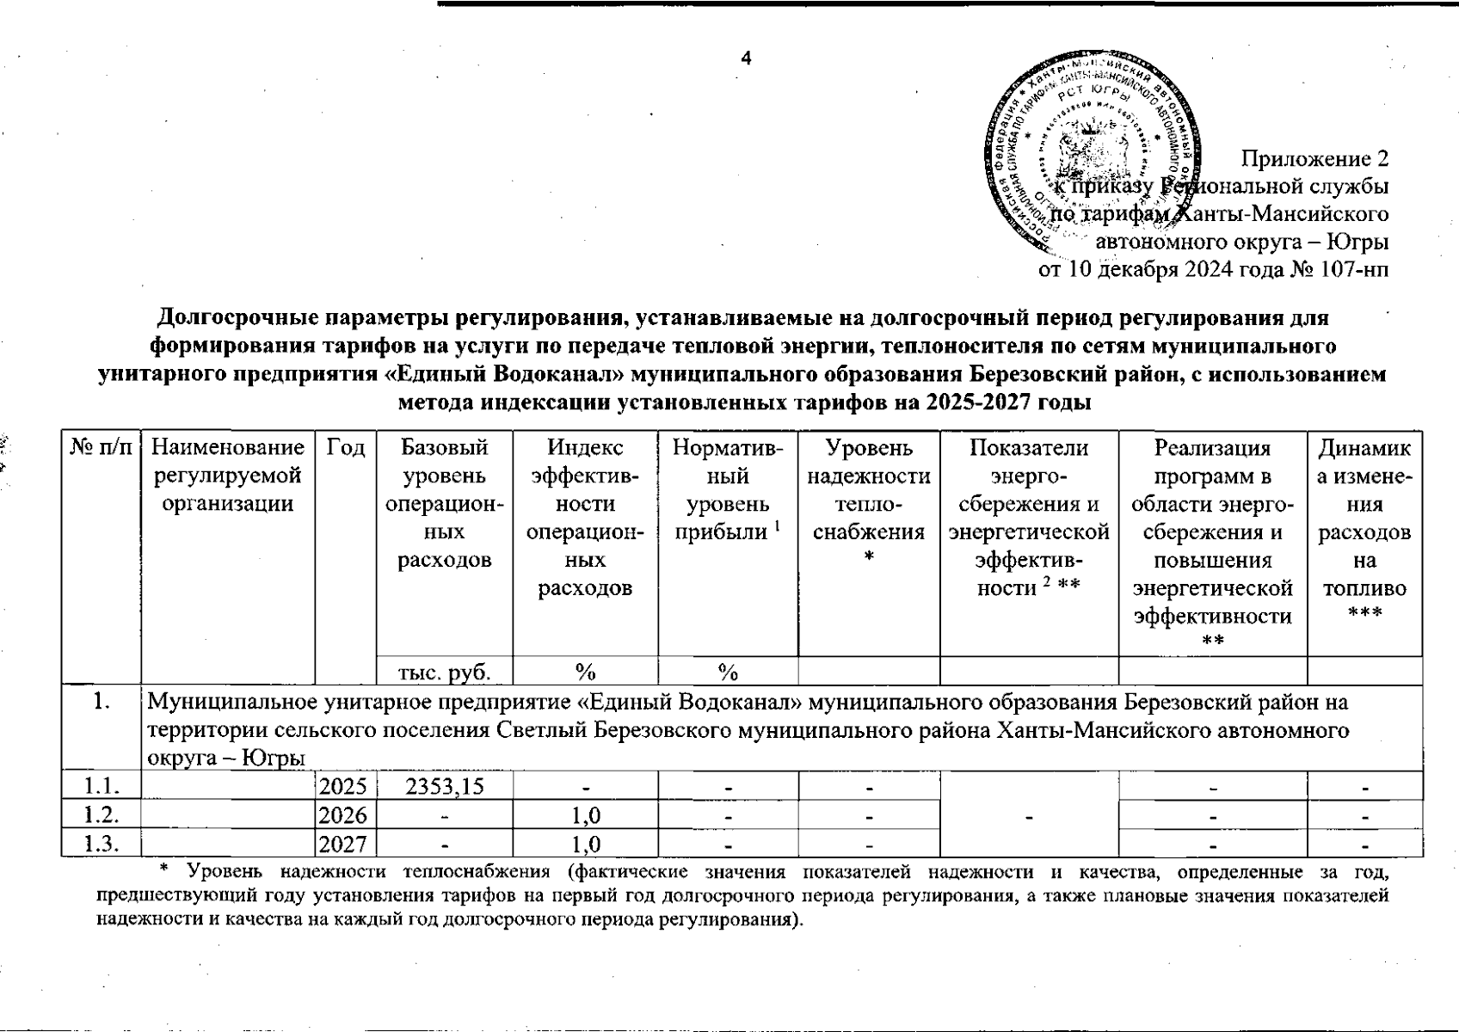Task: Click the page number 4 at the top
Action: click(746, 58)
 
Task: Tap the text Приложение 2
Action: click(1314, 159)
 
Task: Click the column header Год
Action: click(346, 448)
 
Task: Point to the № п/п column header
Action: click(101, 448)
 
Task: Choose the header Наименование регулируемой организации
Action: click(228, 476)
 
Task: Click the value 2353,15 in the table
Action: click(445, 786)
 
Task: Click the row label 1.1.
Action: click(101, 786)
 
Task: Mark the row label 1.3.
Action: click(101, 844)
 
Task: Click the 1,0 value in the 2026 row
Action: click(585, 815)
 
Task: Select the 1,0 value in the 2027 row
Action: click(585, 844)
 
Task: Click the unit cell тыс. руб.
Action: click(445, 671)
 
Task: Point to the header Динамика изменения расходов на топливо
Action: click(1364, 531)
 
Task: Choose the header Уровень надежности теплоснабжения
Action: click(869, 503)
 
